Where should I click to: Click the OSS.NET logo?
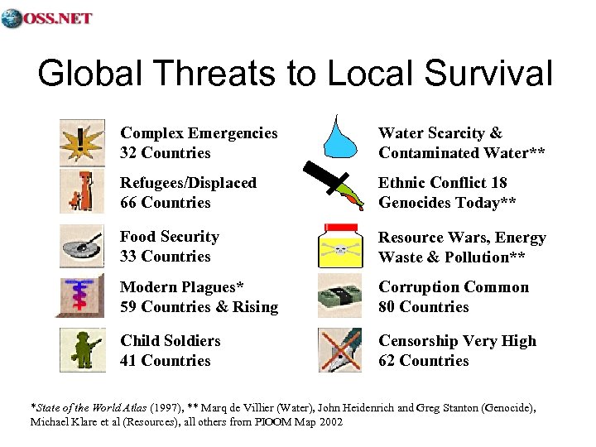pos(47,17)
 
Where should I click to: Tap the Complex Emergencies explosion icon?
pos(83,142)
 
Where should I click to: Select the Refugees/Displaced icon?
pos(83,192)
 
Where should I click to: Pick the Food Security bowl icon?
pos(83,246)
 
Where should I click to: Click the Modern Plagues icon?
pos(83,296)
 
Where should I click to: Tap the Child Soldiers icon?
pos(83,350)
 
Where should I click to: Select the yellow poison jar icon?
pos(339,246)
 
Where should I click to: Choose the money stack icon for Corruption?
pos(339,296)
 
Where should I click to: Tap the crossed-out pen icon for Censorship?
pos(339,350)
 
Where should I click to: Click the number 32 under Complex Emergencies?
pos(129,153)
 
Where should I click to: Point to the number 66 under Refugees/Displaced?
pos(129,203)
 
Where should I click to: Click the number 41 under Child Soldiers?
pos(129,361)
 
